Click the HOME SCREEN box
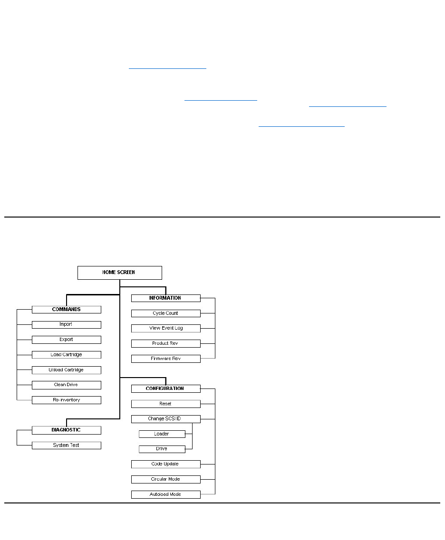(x=119, y=273)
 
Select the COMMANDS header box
(x=67, y=309)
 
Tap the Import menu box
(x=67, y=324)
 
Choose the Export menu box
(x=67, y=340)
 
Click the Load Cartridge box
(x=67, y=355)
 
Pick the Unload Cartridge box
(x=67, y=370)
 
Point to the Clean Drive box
(x=67, y=385)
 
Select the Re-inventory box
(x=67, y=400)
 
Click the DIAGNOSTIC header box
(x=67, y=430)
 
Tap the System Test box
(x=67, y=445)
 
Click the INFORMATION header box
(x=165, y=298)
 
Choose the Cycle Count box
(x=165, y=313)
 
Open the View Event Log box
(x=165, y=328)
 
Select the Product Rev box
(x=165, y=343)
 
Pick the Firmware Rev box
(x=165, y=359)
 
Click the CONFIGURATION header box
(x=165, y=388)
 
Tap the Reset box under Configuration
(x=165, y=404)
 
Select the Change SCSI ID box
(x=165, y=419)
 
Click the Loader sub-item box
(x=162, y=434)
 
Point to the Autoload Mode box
(x=165, y=494)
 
